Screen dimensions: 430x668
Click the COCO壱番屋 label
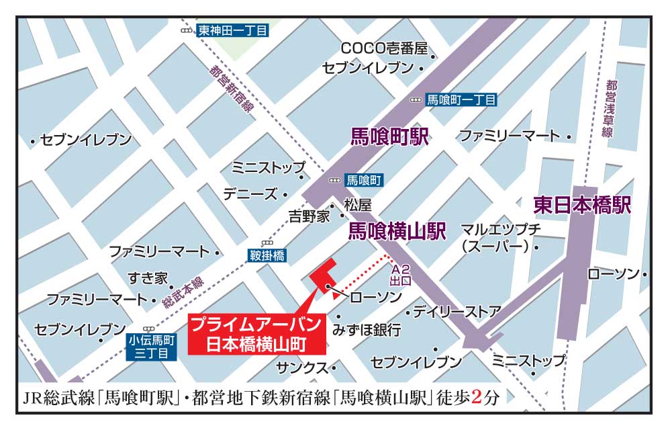click(x=384, y=48)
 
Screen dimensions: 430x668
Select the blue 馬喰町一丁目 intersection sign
click(x=461, y=99)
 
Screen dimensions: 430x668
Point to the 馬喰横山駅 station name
click(x=397, y=232)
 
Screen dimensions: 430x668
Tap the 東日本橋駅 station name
click(x=582, y=205)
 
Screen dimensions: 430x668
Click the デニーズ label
click(x=251, y=194)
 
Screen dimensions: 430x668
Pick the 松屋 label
click(x=358, y=205)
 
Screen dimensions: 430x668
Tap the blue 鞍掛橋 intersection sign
click(x=267, y=255)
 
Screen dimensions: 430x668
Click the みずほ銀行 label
click(x=367, y=330)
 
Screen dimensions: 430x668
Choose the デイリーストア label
click(x=456, y=312)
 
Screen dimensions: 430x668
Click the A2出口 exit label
click(x=401, y=273)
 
